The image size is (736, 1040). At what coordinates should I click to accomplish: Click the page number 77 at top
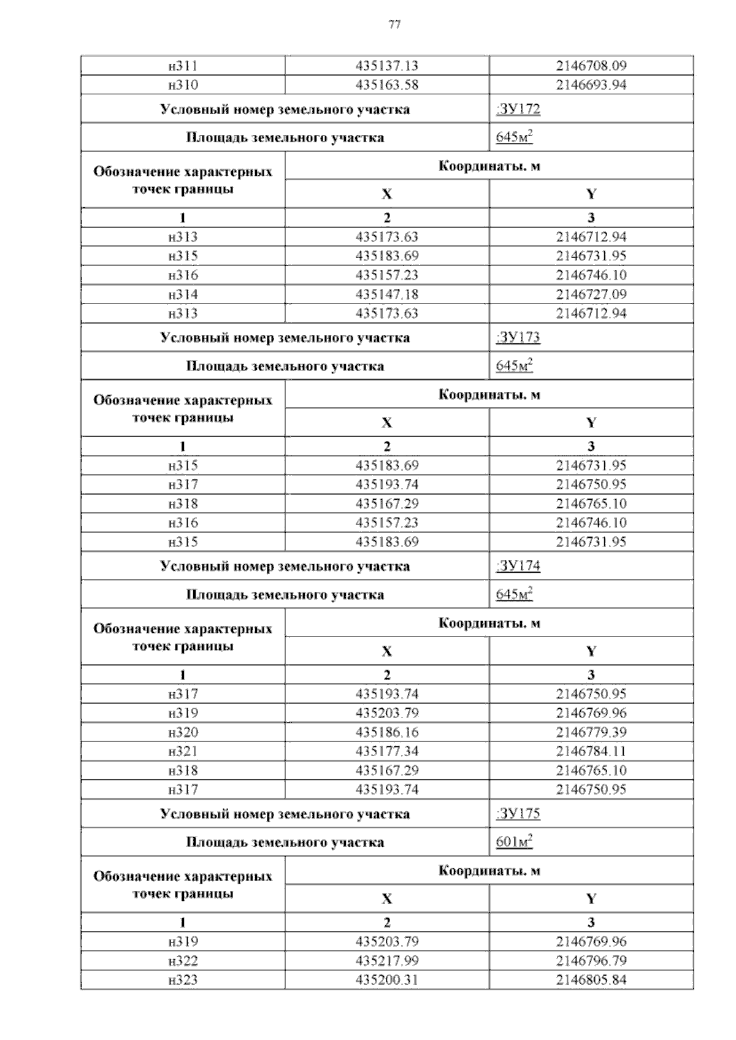(394, 25)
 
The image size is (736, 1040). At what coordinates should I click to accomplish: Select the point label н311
(183, 66)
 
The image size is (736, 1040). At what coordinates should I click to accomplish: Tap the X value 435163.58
(386, 85)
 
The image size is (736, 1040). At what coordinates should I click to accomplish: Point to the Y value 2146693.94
(591, 85)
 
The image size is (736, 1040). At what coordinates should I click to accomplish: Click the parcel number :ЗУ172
(518, 110)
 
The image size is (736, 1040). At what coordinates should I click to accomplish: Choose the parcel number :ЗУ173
(518, 338)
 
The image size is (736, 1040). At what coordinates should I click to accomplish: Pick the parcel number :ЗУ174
(518, 566)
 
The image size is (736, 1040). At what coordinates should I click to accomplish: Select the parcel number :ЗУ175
(518, 814)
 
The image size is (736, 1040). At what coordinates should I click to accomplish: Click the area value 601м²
(514, 842)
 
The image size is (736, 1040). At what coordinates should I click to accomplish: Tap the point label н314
(183, 294)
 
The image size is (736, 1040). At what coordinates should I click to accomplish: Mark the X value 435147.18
(386, 294)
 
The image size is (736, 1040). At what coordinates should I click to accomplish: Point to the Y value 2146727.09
(591, 294)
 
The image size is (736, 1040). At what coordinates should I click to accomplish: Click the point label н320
(183, 732)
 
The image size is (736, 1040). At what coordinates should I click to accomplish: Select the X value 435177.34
(386, 751)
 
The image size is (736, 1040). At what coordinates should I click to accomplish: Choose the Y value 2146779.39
(591, 732)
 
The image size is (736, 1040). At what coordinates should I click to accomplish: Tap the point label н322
(183, 961)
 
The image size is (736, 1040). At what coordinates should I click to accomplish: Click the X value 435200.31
(386, 980)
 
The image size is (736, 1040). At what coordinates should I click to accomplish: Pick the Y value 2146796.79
(591, 961)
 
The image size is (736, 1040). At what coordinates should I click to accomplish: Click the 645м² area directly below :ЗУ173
(514, 366)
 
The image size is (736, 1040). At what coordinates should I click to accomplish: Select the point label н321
(183, 751)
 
